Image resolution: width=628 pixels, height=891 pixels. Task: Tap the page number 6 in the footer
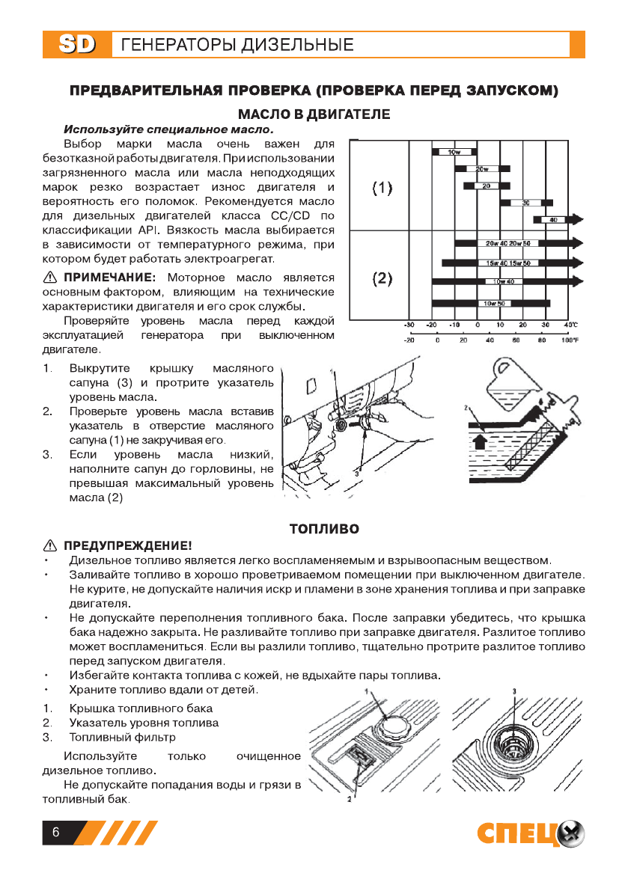coord(55,833)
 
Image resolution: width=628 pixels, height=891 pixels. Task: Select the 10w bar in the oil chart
coord(454,153)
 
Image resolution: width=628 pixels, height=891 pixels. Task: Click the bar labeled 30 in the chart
coord(526,203)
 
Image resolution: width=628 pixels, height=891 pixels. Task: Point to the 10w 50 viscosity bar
coord(491,303)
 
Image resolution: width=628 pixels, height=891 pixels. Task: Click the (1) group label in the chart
coord(382,188)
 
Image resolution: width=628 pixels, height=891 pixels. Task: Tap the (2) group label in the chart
coord(382,279)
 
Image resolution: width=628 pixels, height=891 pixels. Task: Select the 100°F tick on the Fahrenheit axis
coord(570,340)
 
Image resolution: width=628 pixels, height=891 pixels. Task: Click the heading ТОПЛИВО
coord(324,529)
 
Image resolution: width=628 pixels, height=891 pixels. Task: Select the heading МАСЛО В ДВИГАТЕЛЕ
coord(314,114)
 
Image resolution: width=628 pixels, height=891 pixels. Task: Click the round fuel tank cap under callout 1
coord(394,724)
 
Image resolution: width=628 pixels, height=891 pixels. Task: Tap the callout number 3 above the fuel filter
coord(515,691)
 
